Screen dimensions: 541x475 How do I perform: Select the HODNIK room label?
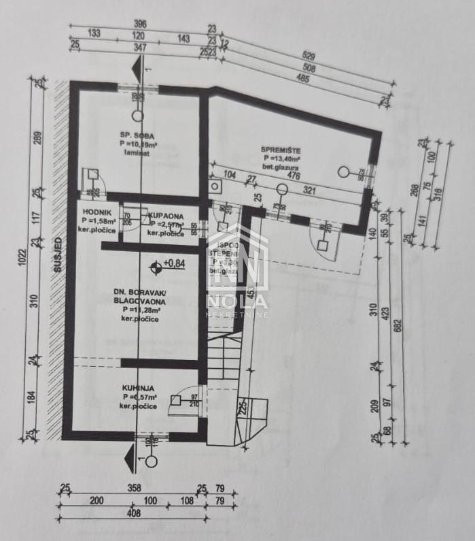(x=92, y=212)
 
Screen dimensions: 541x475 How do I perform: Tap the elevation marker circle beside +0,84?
(x=157, y=265)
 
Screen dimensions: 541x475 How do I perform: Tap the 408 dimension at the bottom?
(x=133, y=514)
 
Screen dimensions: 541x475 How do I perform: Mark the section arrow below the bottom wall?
(x=129, y=460)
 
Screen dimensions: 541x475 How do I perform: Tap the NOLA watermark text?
(x=237, y=300)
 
